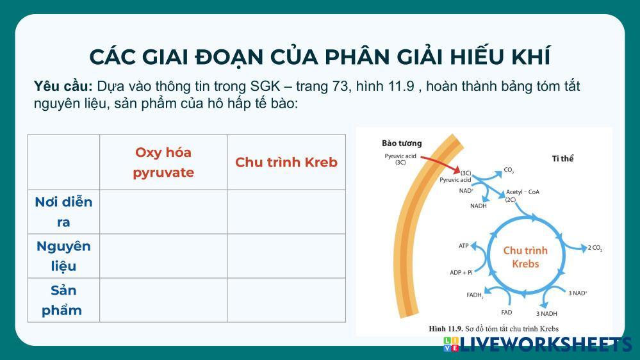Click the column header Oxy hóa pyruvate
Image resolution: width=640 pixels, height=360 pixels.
[x=163, y=163]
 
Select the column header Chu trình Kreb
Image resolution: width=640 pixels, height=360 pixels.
[x=286, y=162]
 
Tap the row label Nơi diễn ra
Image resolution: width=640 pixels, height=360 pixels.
[x=63, y=212]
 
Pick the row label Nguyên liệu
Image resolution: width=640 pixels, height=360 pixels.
[x=63, y=256]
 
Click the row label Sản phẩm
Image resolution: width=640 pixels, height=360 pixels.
[x=62, y=300]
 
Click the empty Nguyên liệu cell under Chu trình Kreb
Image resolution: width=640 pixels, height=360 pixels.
[x=286, y=256]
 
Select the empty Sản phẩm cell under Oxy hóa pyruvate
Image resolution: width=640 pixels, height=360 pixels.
[x=163, y=300]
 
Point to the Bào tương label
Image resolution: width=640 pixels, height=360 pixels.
[x=402, y=143]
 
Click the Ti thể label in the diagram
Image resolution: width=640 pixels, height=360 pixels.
[x=562, y=158]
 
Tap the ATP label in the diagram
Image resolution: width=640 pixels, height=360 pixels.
[x=464, y=246]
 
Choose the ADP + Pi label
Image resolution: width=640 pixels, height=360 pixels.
[x=461, y=272]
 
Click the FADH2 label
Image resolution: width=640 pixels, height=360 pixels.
[x=475, y=295]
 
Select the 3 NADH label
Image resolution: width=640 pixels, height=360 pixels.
[x=546, y=313]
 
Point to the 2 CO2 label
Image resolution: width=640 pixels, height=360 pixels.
[x=595, y=248]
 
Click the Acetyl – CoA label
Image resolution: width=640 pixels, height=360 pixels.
[x=523, y=192]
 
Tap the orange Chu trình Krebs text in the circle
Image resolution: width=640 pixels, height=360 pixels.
[x=525, y=257]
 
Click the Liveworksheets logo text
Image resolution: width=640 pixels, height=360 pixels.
[x=538, y=345]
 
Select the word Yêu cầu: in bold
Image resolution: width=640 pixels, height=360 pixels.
[x=63, y=86]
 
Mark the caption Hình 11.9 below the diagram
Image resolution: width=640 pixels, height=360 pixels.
[x=446, y=329]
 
